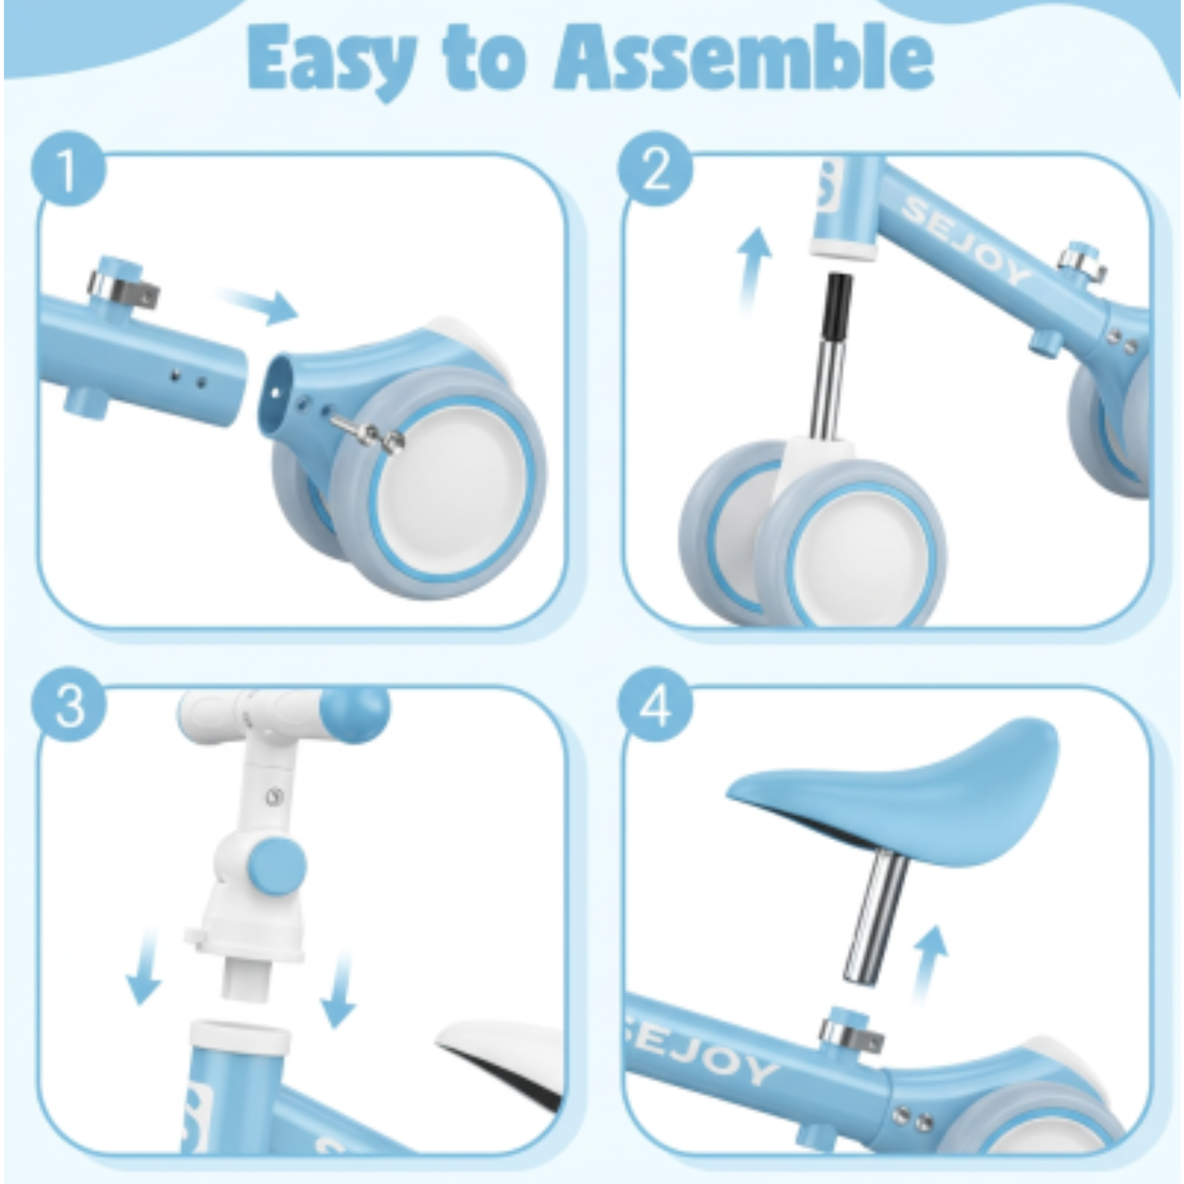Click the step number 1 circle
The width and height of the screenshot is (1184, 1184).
69,170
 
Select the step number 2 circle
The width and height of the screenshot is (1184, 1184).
654,170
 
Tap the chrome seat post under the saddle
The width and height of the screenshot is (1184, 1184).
876,917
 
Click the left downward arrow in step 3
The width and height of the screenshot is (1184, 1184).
143,967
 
